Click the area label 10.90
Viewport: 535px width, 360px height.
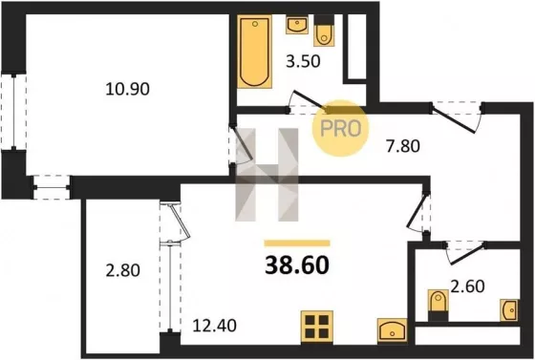click(x=128, y=90)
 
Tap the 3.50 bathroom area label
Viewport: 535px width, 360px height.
click(x=303, y=61)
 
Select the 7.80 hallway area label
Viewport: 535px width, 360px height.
click(x=403, y=146)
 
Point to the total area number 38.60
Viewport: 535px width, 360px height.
click(x=297, y=265)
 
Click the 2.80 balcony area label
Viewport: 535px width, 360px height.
click(x=123, y=270)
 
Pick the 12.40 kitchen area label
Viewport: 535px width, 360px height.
click(x=214, y=326)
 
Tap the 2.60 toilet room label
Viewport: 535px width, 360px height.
click(x=467, y=286)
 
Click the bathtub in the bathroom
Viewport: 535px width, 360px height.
click(x=254, y=52)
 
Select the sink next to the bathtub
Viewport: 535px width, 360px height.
click(x=297, y=24)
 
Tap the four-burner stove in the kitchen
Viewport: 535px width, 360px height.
click(x=317, y=327)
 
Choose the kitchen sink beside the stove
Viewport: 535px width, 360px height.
click(x=393, y=330)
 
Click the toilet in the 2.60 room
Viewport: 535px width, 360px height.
click(x=439, y=305)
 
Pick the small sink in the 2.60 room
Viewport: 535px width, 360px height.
click(x=509, y=310)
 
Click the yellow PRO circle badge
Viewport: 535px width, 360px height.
click(x=341, y=128)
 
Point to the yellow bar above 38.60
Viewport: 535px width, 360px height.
click(x=297, y=244)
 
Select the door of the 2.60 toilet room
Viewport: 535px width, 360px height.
click(x=466, y=253)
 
